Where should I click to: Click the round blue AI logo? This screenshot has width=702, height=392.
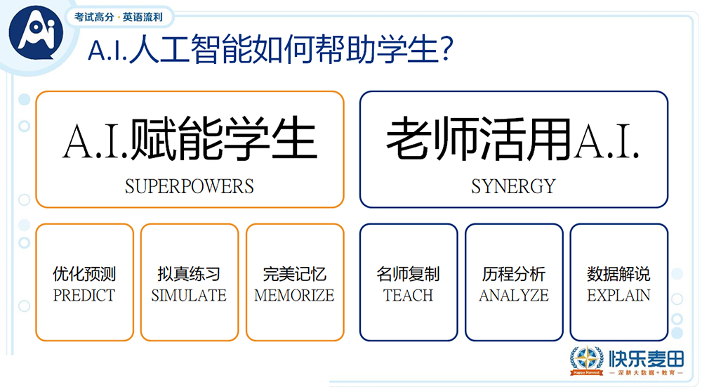(36, 32)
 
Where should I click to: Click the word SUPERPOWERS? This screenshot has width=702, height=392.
(190, 186)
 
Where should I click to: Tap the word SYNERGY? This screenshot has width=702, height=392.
(514, 186)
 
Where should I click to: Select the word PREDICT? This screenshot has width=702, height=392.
(84, 296)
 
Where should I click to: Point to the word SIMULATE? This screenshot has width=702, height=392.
(189, 296)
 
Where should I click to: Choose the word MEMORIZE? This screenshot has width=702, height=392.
(294, 296)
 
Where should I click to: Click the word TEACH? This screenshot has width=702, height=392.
(409, 296)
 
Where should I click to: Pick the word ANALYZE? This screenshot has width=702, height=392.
(514, 296)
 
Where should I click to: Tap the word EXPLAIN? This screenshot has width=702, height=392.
(618, 296)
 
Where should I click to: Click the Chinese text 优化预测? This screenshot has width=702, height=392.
(84, 274)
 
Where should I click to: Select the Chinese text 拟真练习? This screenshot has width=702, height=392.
(189, 274)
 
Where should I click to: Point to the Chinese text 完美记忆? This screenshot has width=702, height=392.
(294, 274)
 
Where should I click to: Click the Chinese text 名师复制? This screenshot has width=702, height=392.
(409, 274)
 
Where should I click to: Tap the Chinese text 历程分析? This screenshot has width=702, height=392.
(514, 274)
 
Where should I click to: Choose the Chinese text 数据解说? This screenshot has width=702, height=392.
(618, 274)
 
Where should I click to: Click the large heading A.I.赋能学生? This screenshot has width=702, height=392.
(190, 139)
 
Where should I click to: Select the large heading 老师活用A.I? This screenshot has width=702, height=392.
(512, 139)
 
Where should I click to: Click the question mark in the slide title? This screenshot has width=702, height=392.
(446, 49)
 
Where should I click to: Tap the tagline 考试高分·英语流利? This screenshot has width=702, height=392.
(118, 17)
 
